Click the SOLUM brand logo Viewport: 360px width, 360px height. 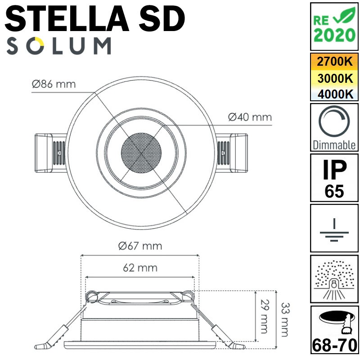[58, 46]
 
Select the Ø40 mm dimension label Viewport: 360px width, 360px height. [250, 117]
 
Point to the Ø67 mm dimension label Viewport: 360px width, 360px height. [139, 246]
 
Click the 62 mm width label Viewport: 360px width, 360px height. [140, 268]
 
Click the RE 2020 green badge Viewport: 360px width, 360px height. [334, 27]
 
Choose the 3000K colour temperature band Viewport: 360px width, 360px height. [334, 78]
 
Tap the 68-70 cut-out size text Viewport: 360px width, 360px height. [334, 346]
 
